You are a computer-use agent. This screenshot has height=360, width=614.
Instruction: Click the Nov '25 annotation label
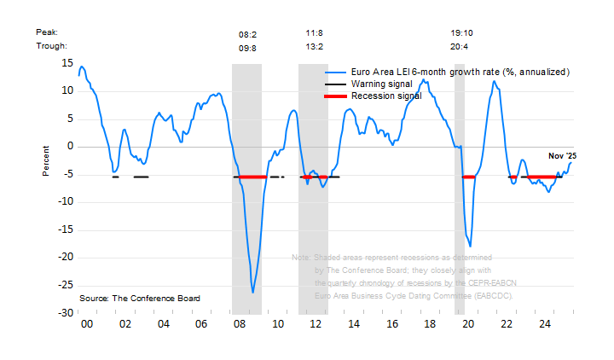(x=562, y=155)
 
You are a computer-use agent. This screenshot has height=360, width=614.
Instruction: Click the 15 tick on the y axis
(x=67, y=63)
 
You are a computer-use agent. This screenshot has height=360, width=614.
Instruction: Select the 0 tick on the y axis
(x=70, y=147)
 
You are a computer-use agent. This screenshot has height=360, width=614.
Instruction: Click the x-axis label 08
(x=240, y=325)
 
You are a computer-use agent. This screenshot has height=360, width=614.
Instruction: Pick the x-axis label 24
(x=545, y=325)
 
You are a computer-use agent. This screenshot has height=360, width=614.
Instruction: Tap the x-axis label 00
(x=86, y=325)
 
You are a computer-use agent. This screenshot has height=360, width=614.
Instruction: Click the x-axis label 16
(x=392, y=325)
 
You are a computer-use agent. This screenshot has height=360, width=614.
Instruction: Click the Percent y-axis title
(x=47, y=160)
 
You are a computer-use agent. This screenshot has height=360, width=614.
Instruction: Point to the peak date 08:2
(x=247, y=34)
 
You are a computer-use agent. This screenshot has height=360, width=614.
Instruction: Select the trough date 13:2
(x=314, y=47)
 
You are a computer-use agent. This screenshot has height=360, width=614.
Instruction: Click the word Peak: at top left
(x=46, y=32)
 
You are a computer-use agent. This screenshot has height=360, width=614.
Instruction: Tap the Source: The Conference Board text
(x=140, y=299)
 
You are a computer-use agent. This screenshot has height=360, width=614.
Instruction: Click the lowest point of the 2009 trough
(x=252, y=293)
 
